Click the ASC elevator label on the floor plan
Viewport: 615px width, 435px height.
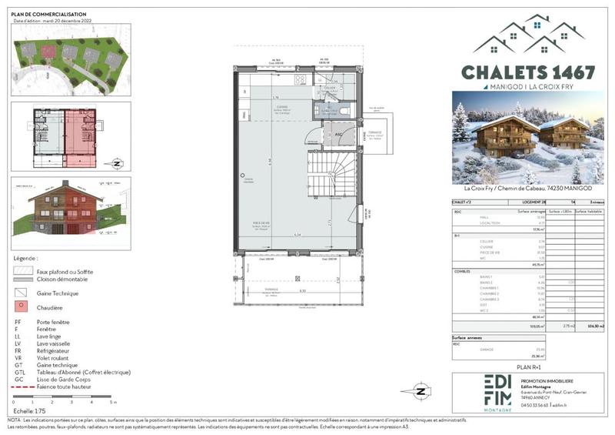(336, 132)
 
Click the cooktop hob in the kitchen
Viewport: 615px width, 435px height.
(301, 79)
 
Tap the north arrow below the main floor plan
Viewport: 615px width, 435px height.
(420, 390)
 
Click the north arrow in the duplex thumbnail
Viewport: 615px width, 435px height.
(116, 162)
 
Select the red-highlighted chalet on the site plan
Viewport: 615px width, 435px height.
(49, 52)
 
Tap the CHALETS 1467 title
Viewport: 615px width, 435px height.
(527, 72)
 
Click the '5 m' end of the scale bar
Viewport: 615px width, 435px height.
(113, 403)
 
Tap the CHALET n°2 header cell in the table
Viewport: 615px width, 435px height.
(464, 203)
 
